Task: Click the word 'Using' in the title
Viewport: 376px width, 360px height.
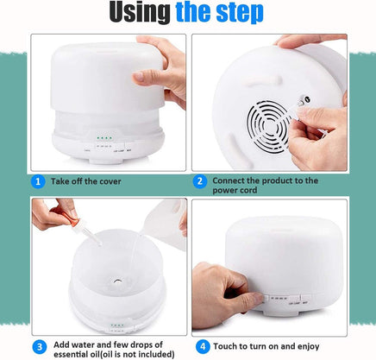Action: pos(140,12)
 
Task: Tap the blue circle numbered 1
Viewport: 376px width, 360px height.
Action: pos(38,182)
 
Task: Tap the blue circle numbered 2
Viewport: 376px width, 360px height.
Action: pos(200,181)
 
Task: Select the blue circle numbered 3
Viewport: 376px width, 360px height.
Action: pos(40,347)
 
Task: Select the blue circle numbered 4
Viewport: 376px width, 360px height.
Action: pos(203,346)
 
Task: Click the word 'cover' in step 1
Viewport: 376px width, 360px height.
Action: pos(110,181)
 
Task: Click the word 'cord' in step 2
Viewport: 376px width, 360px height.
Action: pos(249,190)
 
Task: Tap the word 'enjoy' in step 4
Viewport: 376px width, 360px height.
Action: pos(308,347)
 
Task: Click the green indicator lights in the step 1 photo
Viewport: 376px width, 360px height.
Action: pos(104,138)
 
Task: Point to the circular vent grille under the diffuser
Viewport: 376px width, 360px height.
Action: pos(268,124)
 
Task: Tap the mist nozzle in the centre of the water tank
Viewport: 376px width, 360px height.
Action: pos(118,281)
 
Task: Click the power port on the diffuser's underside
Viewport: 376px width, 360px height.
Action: pos(305,100)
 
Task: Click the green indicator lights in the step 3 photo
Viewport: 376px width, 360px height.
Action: pos(117,325)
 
